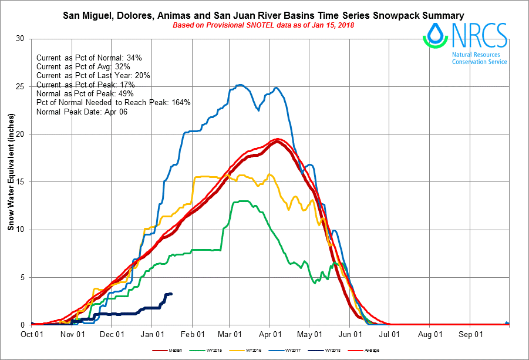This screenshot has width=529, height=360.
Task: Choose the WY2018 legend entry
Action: (x=332, y=351)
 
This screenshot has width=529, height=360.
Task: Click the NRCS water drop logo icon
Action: (x=435, y=35)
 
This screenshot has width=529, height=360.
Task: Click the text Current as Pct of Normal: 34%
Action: (x=89, y=58)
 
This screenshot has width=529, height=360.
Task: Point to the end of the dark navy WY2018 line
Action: (x=171, y=294)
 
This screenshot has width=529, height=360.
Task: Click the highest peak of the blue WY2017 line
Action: (x=240, y=85)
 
